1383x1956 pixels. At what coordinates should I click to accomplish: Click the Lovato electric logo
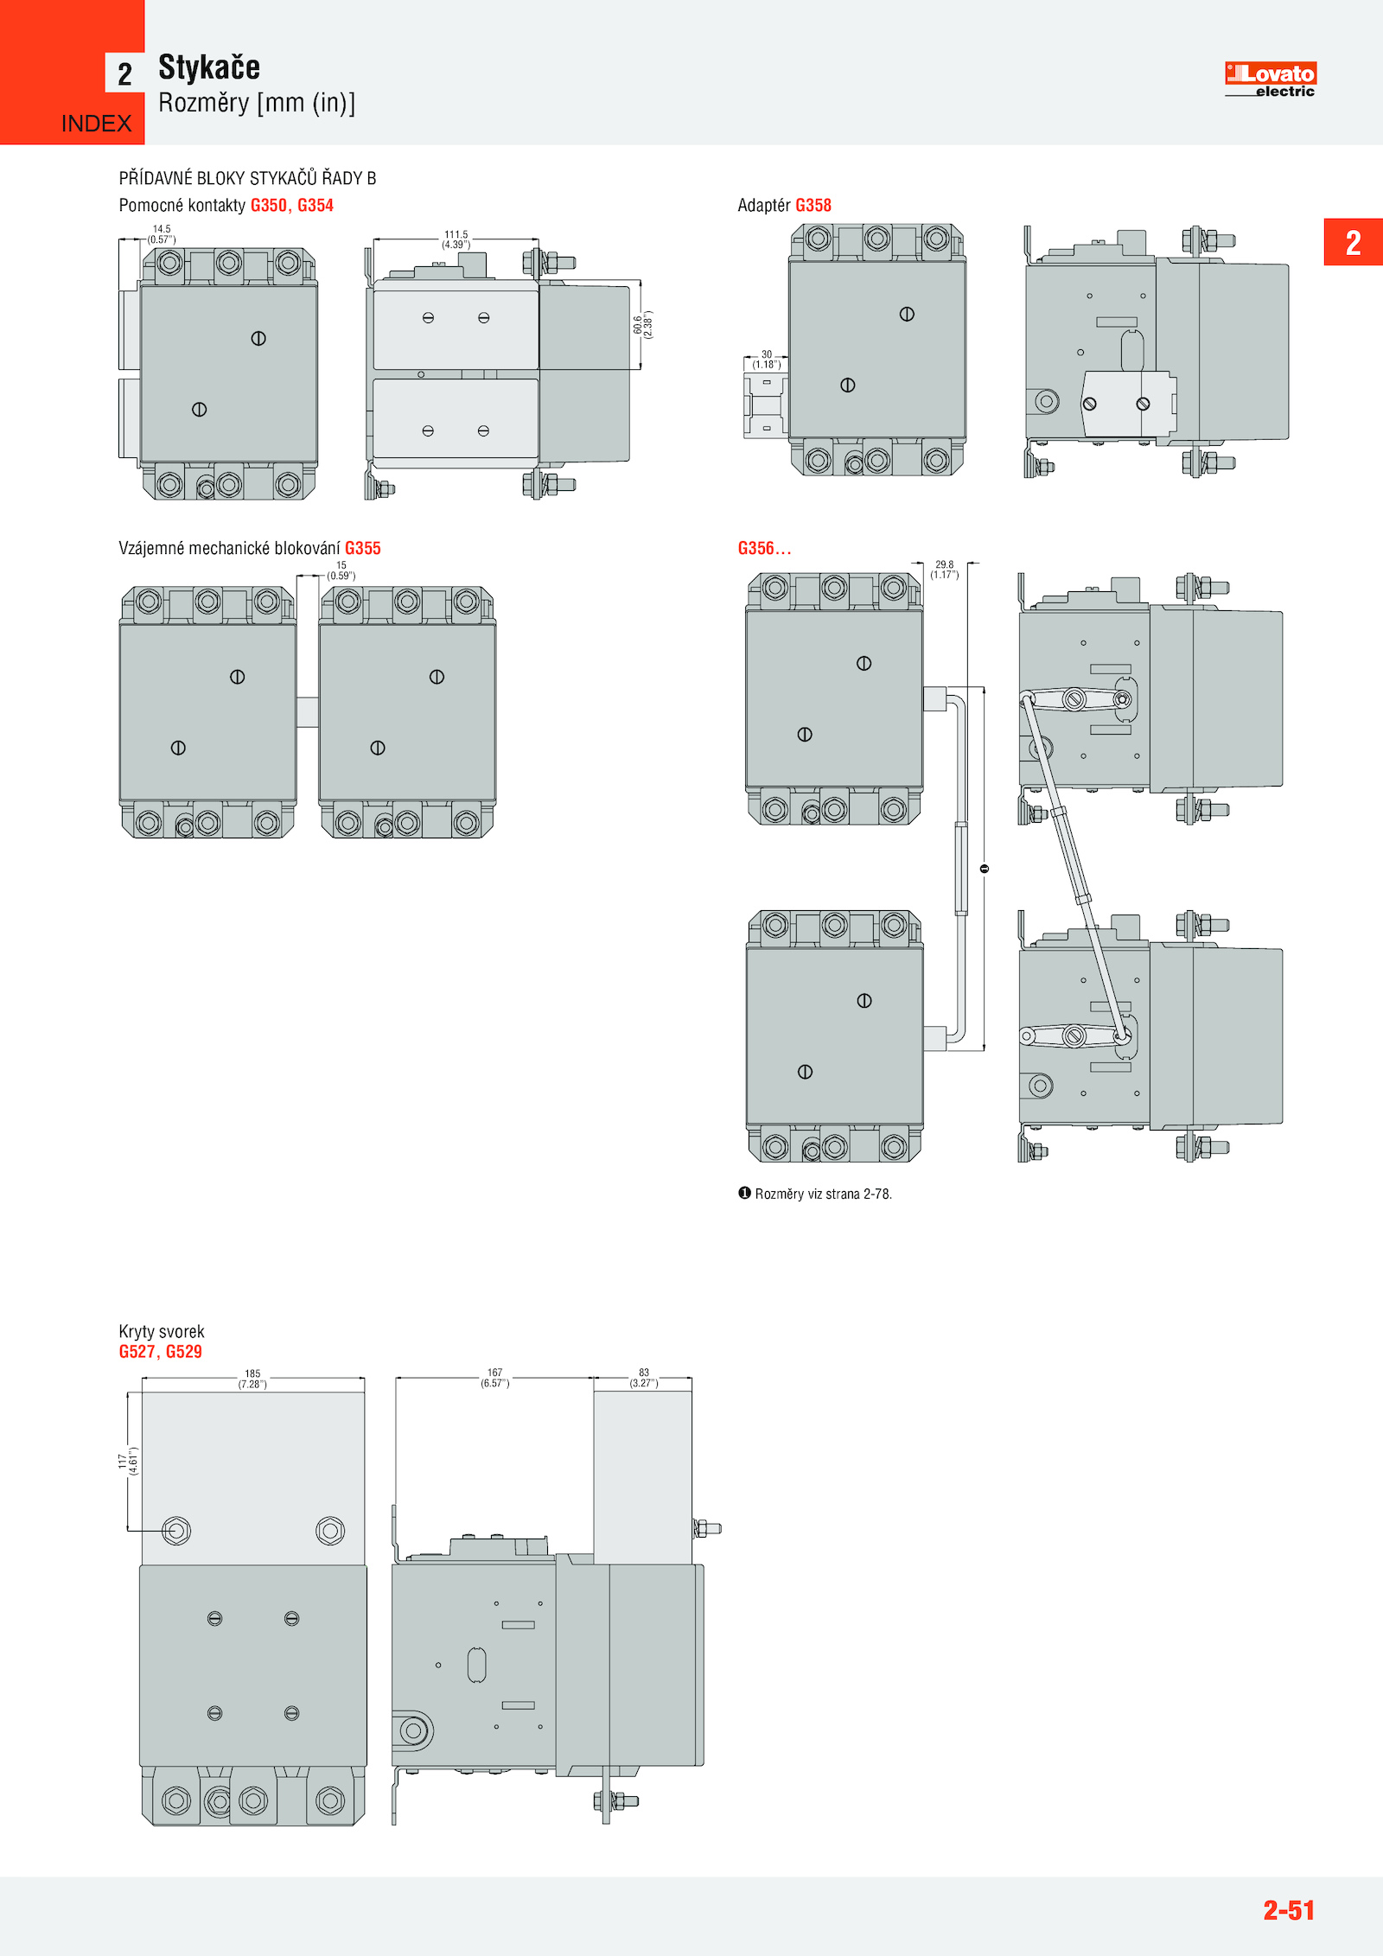(x=1270, y=80)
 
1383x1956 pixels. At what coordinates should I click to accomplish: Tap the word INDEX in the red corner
(x=96, y=124)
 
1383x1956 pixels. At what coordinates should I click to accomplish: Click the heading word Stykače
(x=209, y=67)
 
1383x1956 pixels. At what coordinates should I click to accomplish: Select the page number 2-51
(x=1289, y=1909)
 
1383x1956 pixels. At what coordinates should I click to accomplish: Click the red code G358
(x=813, y=206)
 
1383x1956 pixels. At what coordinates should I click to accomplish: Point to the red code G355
(x=363, y=548)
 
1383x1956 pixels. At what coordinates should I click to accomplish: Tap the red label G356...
(x=764, y=548)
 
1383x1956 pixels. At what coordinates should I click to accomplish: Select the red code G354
(x=315, y=206)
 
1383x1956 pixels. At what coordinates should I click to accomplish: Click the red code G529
(x=184, y=1352)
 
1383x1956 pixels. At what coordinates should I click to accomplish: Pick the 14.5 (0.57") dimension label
(x=162, y=234)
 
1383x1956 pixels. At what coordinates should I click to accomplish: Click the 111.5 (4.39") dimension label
(x=456, y=239)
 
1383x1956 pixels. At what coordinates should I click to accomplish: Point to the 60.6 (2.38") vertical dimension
(x=642, y=324)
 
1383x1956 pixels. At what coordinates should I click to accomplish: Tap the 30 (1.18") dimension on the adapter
(x=767, y=360)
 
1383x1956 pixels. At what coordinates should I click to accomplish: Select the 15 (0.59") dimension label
(x=341, y=570)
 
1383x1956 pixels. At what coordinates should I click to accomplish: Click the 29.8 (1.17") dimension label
(x=945, y=570)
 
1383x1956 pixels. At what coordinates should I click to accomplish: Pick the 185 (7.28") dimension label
(x=252, y=1379)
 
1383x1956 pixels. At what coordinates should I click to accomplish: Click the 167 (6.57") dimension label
(x=495, y=1378)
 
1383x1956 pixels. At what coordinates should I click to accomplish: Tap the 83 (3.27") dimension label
(x=644, y=1378)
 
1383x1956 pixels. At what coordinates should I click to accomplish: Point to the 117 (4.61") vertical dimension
(x=128, y=1461)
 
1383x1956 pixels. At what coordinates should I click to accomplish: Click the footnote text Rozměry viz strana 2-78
(x=823, y=1194)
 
